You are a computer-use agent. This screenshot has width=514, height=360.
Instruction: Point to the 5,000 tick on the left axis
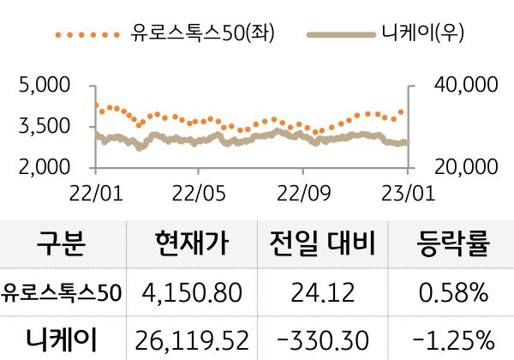45,86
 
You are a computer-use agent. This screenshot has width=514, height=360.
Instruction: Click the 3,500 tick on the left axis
45,126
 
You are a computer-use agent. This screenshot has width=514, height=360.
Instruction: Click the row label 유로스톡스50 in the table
62,293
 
